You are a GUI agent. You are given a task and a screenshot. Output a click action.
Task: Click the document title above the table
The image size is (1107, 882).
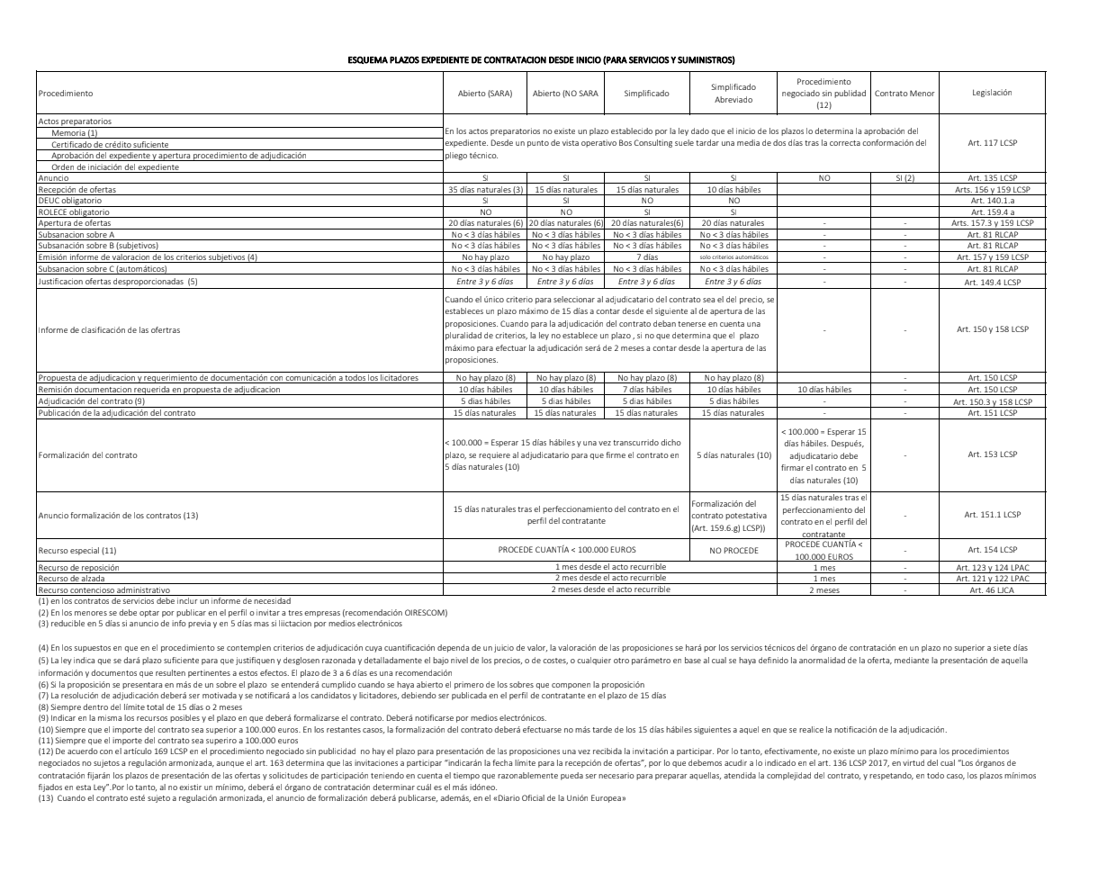541,59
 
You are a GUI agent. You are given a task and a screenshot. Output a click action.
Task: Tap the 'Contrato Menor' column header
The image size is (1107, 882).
904,93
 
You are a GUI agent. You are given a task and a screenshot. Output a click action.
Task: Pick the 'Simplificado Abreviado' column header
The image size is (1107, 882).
733,93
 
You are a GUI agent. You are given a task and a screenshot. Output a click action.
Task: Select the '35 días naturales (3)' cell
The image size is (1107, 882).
485,190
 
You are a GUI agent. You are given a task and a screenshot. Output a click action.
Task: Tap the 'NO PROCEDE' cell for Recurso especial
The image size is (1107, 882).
733,549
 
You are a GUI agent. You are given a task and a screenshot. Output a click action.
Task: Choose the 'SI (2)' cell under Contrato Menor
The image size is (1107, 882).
904,179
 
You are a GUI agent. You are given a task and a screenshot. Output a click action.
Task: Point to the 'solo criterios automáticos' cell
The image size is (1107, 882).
733,256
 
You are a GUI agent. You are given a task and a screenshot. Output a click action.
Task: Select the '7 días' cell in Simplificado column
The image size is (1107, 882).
647,256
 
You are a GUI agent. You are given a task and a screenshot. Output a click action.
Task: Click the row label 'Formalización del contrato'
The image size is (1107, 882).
88,454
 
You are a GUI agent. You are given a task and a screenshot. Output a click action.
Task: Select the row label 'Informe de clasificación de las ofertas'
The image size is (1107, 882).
109,329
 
